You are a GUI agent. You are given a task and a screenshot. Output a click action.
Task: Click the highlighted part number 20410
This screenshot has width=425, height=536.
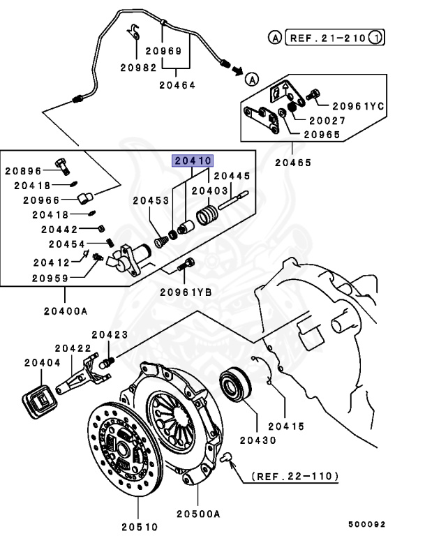tap(192, 161)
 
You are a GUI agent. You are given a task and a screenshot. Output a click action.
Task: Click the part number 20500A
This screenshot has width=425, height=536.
tap(198, 513)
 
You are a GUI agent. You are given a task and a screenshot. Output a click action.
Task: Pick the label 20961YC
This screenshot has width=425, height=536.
tap(358, 105)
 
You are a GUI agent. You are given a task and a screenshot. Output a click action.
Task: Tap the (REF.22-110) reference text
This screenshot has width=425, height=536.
tap(296, 477)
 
